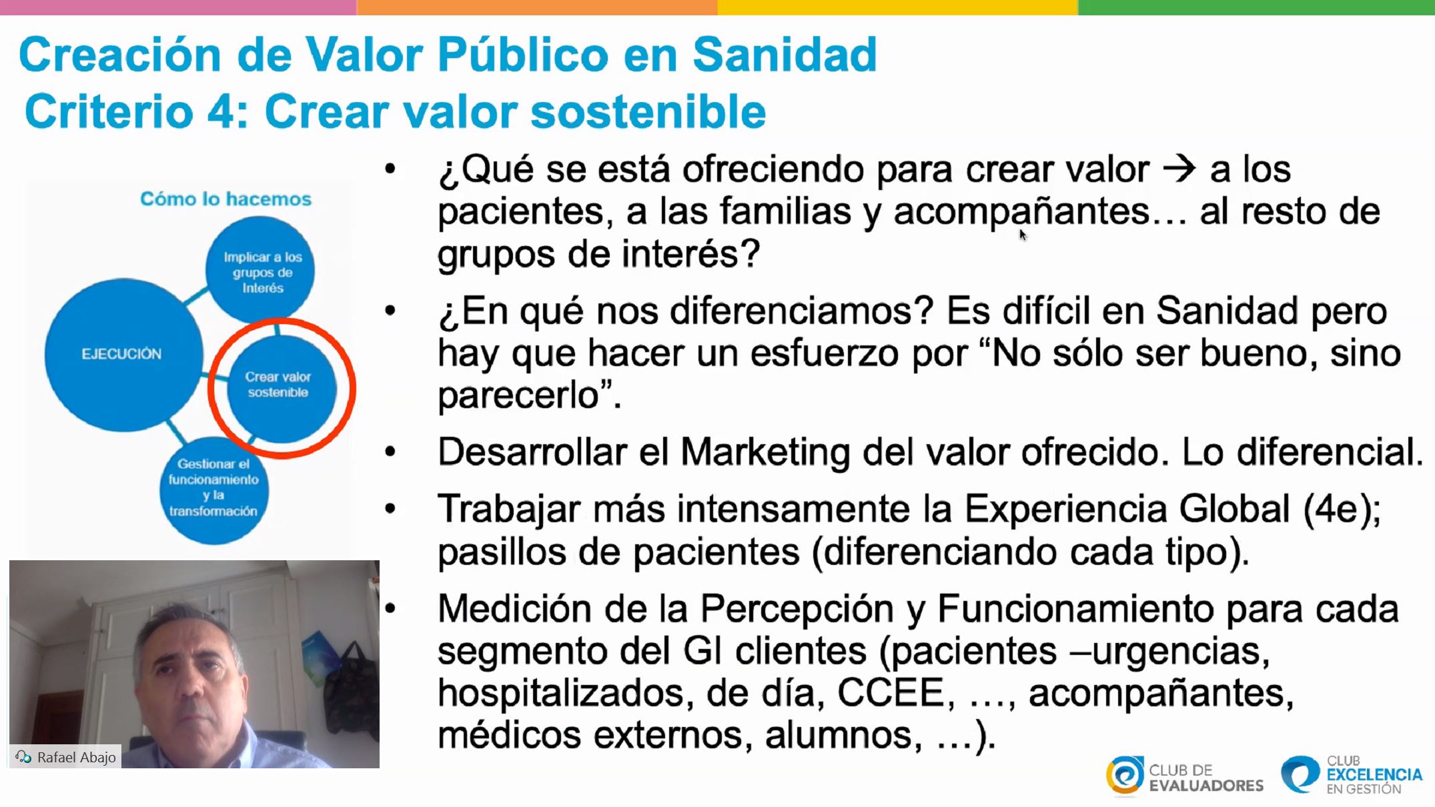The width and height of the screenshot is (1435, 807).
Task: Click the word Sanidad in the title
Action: (x=785, y=54)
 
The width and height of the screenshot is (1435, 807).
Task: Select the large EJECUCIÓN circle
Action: (x=123, y=354)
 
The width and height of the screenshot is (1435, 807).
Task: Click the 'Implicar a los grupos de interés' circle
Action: (x=260, y=270)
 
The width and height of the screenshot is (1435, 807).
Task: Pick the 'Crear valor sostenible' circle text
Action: (x=278, y=384)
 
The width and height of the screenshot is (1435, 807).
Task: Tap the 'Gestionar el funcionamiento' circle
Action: (x=213, y=490)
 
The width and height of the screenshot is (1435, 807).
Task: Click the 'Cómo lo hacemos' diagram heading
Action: (x=225, y=199)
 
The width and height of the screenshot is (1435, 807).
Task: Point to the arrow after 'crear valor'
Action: (x=1179, y=169)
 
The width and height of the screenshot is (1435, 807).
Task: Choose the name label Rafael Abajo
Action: (x=76, y=757)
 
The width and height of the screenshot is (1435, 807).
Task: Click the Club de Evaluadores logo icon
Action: (x=1125, y=775)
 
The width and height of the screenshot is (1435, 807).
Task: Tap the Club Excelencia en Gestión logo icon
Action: (x=1300, y=774)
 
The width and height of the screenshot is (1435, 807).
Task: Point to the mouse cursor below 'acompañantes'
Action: (x=1023, y=234)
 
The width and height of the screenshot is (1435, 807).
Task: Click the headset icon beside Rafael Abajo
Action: (x=23, y=757)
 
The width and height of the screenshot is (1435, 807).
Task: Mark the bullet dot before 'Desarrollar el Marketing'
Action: (x=390, y=452)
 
